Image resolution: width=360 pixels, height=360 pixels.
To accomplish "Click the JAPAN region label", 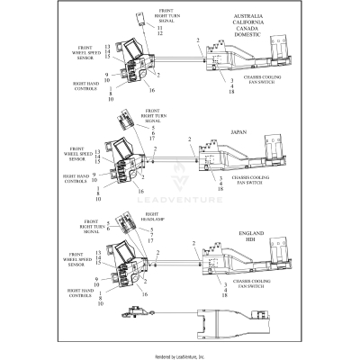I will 238,131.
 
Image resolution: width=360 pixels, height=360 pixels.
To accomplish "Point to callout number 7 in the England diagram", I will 151,234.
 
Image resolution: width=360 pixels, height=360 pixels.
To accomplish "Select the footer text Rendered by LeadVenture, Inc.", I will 180,354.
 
